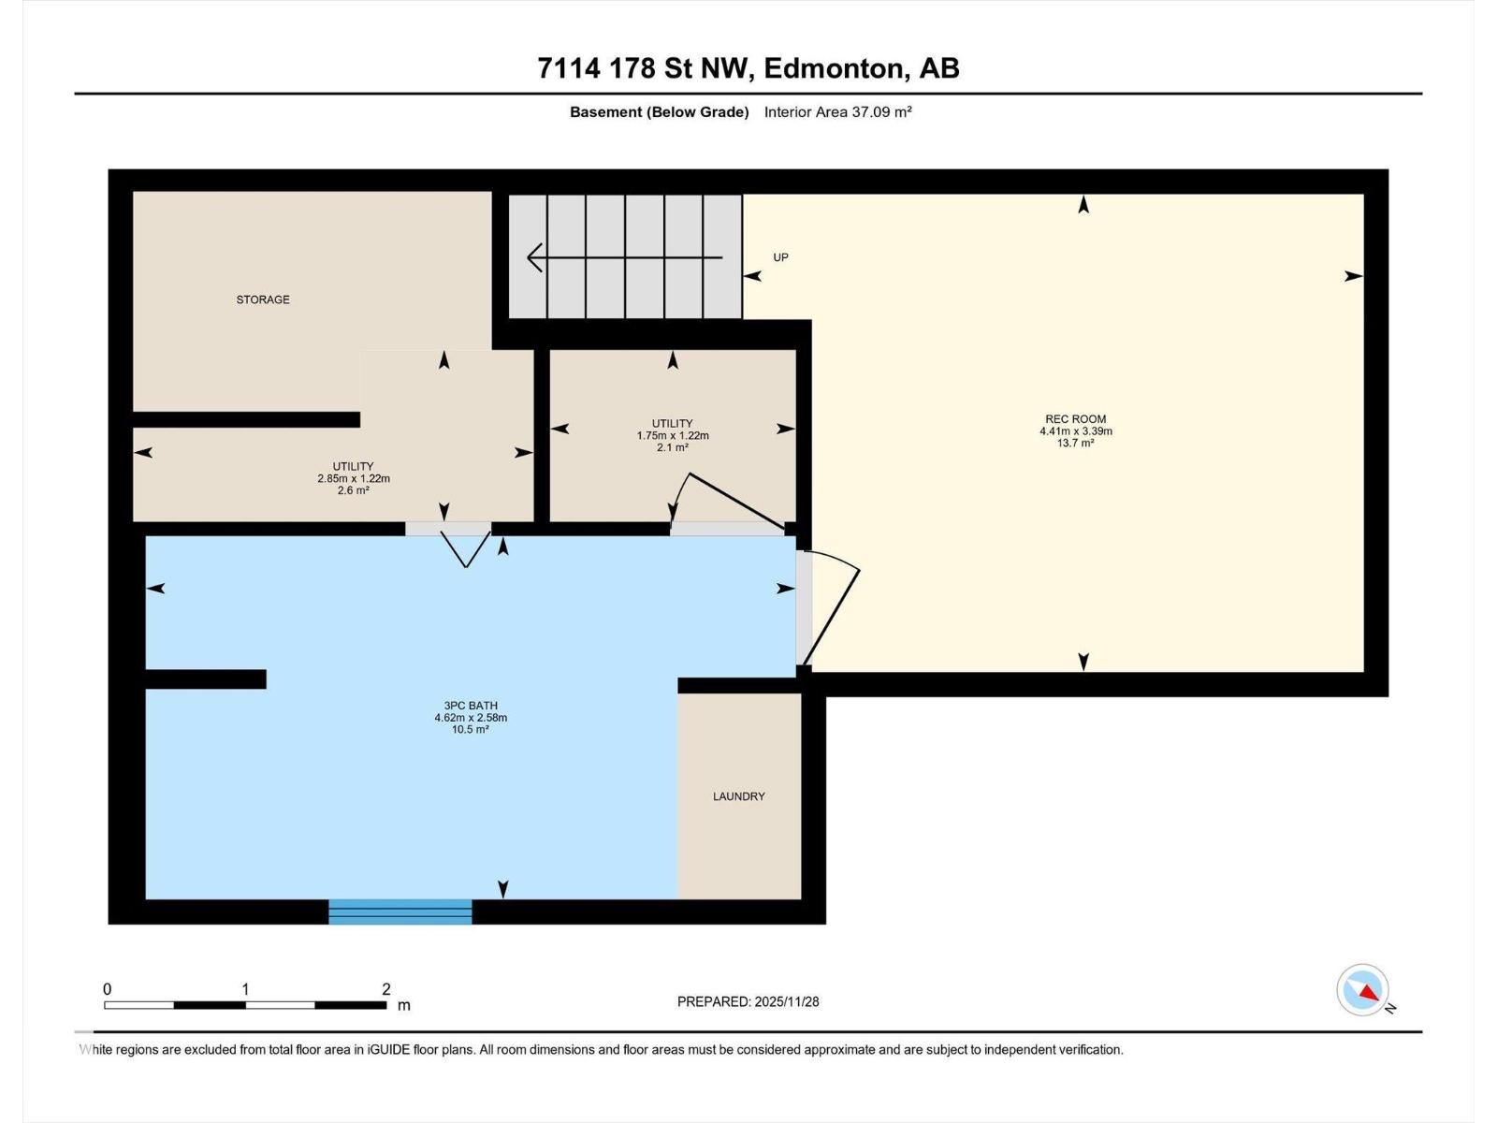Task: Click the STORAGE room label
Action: (x=263, y=299)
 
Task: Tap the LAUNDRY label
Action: (x=738, y=796)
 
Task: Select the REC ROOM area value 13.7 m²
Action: (x=1075, y=444)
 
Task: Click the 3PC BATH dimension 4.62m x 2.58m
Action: (x=470, y=718)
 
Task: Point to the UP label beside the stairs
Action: (x=780, y=257)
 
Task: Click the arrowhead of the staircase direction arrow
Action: (x=534, y=256)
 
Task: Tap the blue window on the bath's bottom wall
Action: (x=400, y=912)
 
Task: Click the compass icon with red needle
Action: (x=1363, y=990)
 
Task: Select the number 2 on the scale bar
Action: (x=386, y=989)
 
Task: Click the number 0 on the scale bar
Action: (x=108, y=989)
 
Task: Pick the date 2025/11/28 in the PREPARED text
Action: (x=787, y=1001)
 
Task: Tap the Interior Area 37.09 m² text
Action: (x=837, y=112)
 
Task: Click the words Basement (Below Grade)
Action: (x=660, y=112)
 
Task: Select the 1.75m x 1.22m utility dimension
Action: (x=673, y=436)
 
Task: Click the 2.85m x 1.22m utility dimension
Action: (x=353, y=478)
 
